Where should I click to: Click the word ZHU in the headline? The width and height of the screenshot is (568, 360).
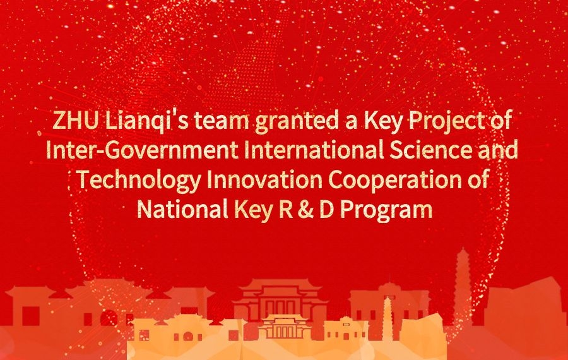pyautogui.click(x=75, y=121)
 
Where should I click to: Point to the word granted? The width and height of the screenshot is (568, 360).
pyautogui.click(x=295, y=123)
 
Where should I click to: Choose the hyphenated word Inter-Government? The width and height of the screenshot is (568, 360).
pyautogui.click(x=143, y=150)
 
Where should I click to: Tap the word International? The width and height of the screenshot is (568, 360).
pyautogui.click(x=314, y=150)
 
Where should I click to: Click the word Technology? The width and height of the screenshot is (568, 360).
pyautogui.click(x=139, y=181)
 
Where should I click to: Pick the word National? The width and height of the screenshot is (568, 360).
pyautogui.click(x=182, y=209)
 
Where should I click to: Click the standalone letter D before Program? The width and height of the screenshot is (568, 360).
pyautogui.click(x=326, y=210)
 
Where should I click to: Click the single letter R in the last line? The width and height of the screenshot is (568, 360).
pyautogui.click(x=286, y=210)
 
